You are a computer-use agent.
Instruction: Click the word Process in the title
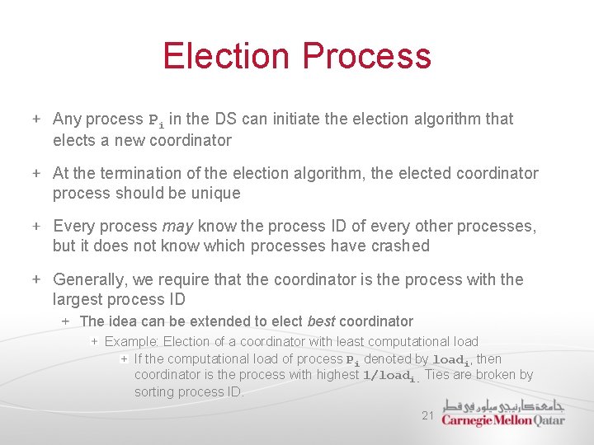point(366,56)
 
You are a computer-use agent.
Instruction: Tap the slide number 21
point(427,415)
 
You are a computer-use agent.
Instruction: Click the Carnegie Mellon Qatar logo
point(503,413)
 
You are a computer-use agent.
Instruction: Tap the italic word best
point(321,321)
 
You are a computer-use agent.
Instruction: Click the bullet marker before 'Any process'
point(37,119)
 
